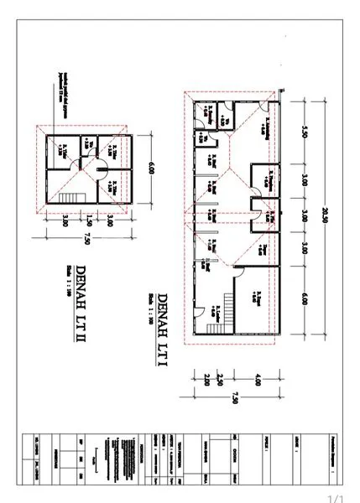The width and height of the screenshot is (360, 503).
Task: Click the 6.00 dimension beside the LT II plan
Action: tap(152, 168)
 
